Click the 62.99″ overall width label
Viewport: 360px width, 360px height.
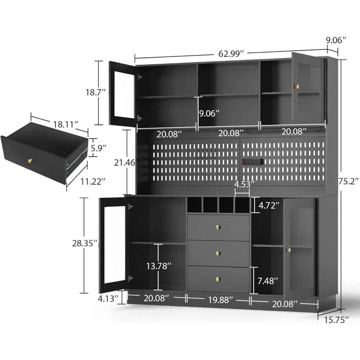tap(231, 53)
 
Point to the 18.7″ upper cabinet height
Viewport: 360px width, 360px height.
tap(93, 93)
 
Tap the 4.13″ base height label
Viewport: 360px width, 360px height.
tap(108, 298)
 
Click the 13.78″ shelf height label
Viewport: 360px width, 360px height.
tap(158, 266)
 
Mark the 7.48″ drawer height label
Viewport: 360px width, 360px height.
tap(268, 280)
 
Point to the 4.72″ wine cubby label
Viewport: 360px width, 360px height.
tap(268, 206)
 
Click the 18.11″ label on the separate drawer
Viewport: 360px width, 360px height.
tap(66, 125)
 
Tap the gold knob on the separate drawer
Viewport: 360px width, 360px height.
tap(30, 161)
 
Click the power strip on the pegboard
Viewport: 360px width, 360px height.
tap(253, 162)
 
